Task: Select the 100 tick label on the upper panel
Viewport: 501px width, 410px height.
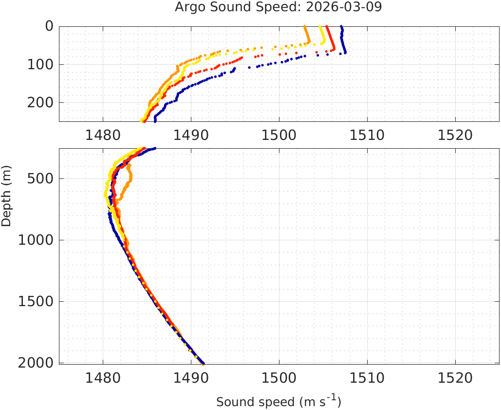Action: pyautogui.click(x=40, y=64)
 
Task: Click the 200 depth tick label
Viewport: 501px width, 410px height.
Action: pyautogui.click(x=40, y=102)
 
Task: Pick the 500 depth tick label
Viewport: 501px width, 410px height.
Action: pyautogui.click(x=40, y=178)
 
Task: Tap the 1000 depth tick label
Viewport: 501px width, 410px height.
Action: pyautogui.click(x=36, y=240)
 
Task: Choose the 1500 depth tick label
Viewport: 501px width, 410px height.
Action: pyautogui.click(x=36, y=301)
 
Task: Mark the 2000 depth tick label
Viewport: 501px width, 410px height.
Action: pyautogui.click(x=36, y=363)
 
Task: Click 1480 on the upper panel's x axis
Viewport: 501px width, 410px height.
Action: pyautogui.click(x=103, y=134)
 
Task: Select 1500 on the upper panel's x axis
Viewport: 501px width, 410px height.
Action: pyautogui.click(x=279, y=134)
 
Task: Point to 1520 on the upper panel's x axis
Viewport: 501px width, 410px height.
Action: pyautogui.click(x=455, y=134)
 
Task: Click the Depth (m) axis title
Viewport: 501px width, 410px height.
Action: pyautogui.click(x=7, y=195)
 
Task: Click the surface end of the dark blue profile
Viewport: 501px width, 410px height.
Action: pyautogui.click(x=342, y=27)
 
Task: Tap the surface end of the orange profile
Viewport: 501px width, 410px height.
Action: pyautogui.click(x=305, y=27)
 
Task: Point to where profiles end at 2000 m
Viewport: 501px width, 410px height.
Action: pyautogui.click(x=203, y=363)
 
